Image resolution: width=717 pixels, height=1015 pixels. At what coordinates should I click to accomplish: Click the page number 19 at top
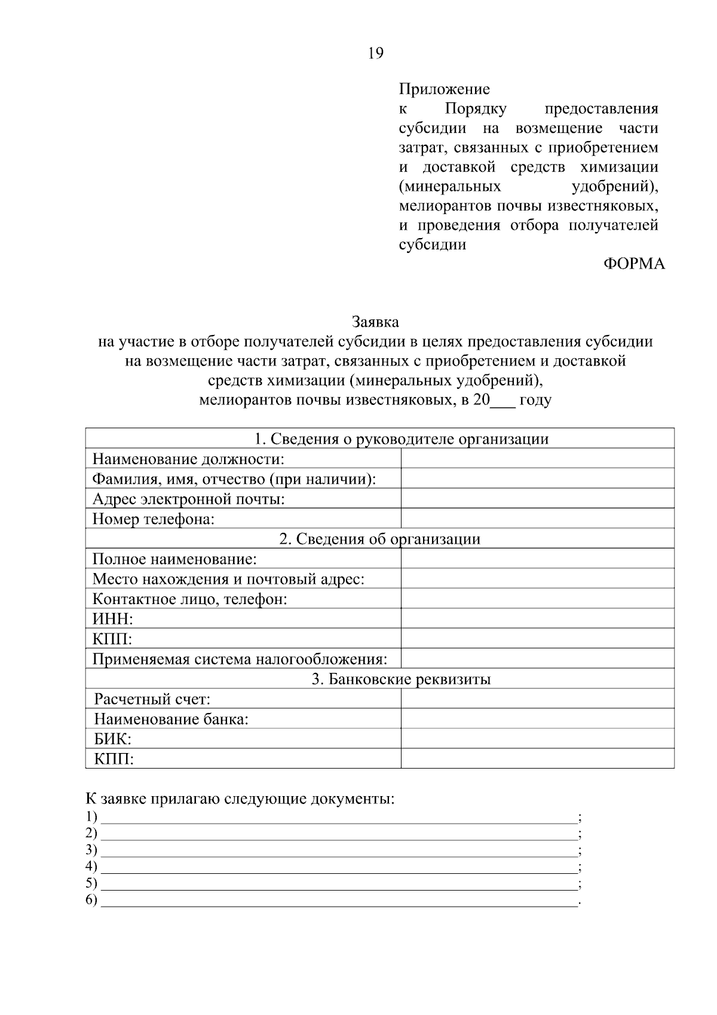376,53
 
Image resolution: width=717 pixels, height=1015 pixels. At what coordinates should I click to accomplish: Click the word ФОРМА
634,264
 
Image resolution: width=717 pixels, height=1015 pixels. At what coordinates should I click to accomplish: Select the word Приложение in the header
444,90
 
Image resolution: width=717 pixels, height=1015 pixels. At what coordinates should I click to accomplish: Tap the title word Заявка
375,322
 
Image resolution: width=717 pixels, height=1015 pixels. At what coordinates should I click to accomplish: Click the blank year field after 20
502,401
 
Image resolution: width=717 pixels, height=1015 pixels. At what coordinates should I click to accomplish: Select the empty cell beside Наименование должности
537,459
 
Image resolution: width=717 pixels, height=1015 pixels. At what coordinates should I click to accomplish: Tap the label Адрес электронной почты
188,499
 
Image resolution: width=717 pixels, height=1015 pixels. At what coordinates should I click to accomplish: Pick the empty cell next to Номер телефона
537,519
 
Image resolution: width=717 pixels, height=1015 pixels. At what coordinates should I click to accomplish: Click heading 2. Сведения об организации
380,539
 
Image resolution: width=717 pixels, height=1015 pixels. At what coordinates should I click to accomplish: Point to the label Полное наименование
174,559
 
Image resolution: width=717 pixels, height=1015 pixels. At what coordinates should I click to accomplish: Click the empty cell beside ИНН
537,618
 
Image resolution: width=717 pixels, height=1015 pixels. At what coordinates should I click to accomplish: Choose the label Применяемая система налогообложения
240,659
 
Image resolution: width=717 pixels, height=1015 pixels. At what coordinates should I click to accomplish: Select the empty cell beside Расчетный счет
537,699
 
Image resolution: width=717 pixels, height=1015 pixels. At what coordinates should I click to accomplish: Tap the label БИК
112,739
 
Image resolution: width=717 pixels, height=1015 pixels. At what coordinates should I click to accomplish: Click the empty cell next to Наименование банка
537,718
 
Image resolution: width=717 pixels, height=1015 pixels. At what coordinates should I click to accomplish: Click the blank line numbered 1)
339,818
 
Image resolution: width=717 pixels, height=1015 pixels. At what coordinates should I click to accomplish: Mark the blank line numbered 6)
339,901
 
